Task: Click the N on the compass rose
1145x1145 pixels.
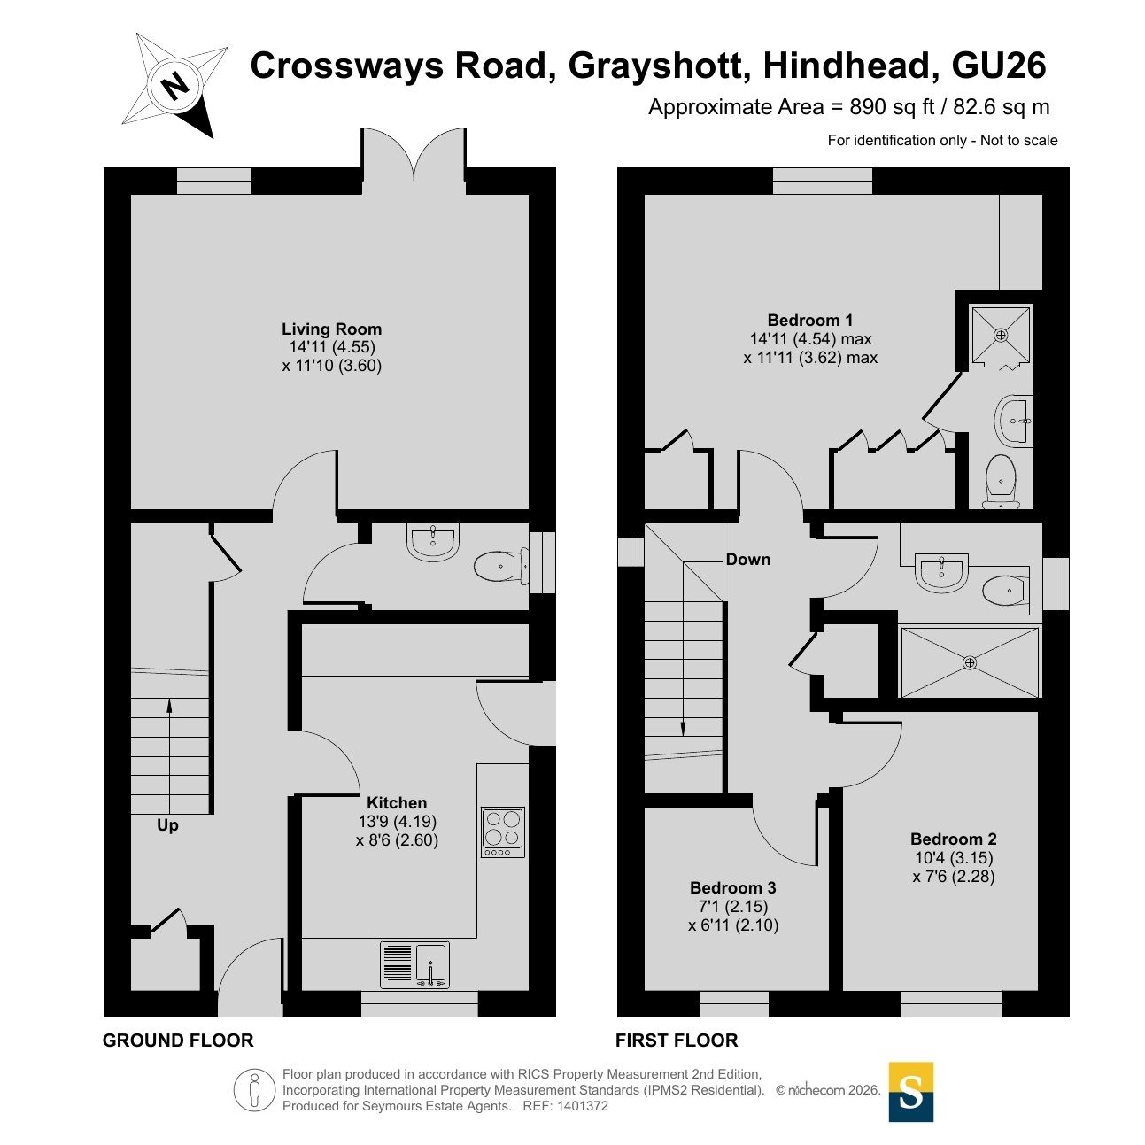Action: [x=175, y=87]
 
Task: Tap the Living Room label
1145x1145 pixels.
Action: [x=331, y=329]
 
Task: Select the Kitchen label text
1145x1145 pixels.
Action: [x=397, y=803]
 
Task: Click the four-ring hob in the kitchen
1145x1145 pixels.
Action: [x=503, y=832]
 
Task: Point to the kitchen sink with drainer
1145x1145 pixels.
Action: [x=414, y=964]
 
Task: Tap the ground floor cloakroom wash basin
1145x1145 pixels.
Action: [x=433, y=541]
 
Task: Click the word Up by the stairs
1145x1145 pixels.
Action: [x=167, y=826]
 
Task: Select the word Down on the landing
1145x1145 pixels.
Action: [x=748, y=559]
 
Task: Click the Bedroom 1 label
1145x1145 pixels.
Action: [x=810, y=321]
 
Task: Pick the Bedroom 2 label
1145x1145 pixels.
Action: [x=954, y=839]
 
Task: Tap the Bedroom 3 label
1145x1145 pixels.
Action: [x=732, y=887]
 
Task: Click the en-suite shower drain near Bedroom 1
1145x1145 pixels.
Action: [x=1001, y=335]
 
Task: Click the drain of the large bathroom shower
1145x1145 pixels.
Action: [x=970, y=662]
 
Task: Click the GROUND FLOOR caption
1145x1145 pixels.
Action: [x=178, y=1040]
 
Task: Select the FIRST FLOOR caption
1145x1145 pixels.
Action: [x=677, y=1040]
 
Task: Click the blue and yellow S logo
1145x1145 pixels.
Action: [x=911, y=1092]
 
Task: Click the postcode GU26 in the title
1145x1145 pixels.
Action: [x=998, y=66]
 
